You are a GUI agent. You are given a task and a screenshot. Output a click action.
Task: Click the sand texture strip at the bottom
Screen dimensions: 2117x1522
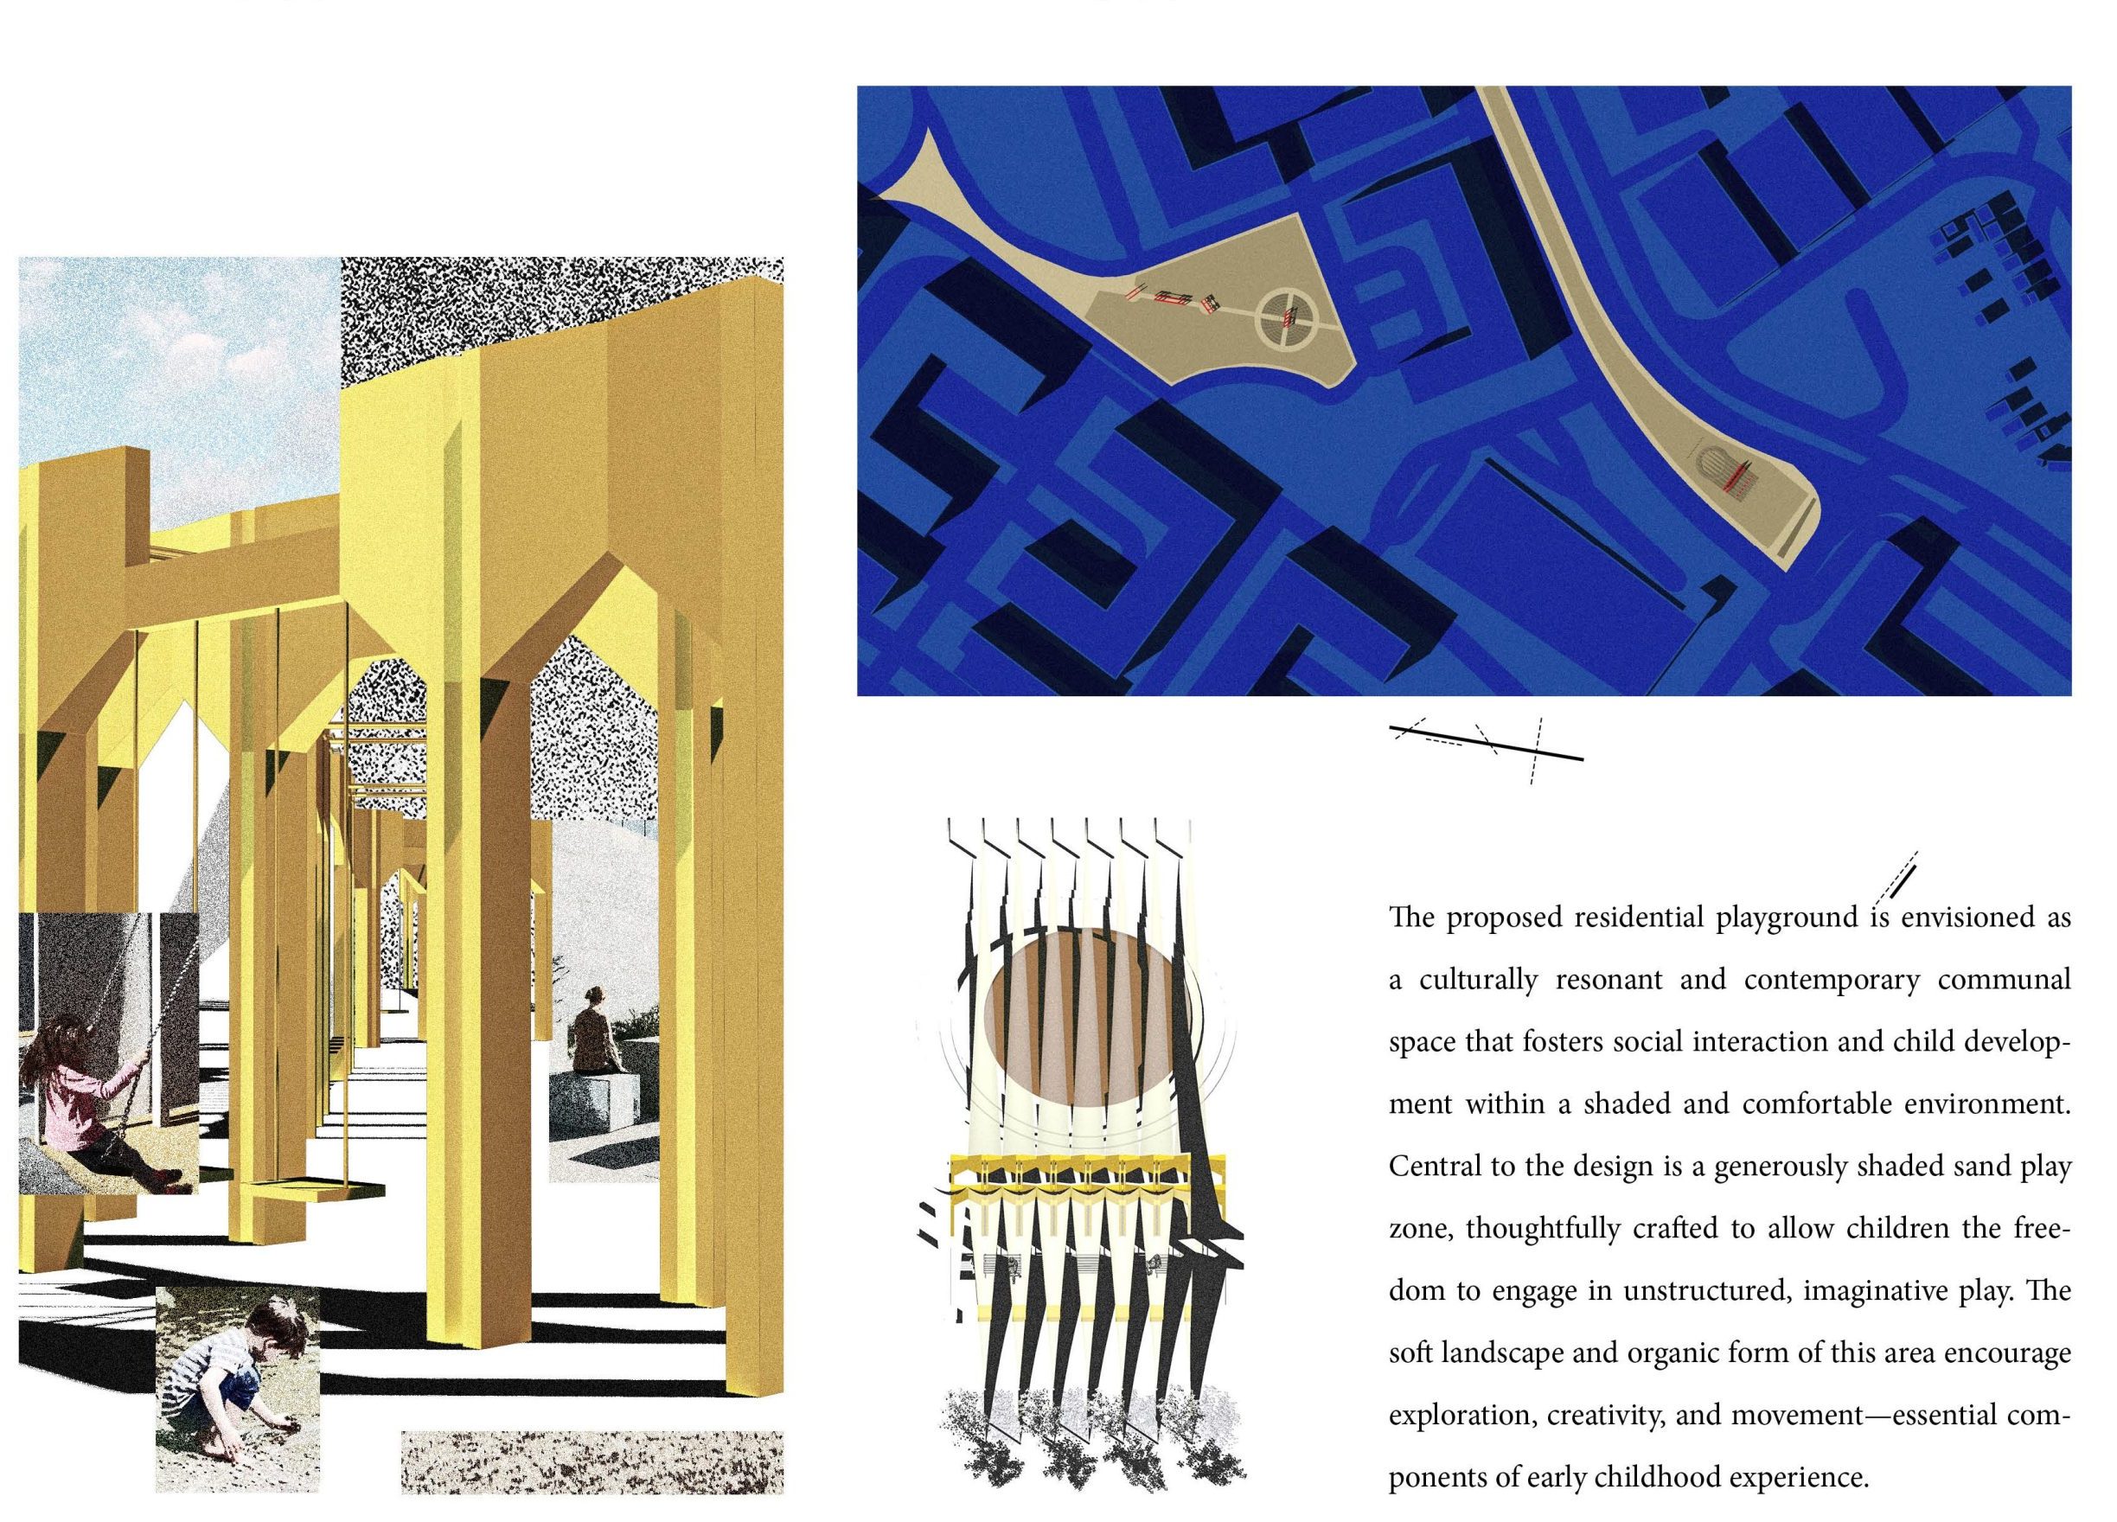click(592, 1461)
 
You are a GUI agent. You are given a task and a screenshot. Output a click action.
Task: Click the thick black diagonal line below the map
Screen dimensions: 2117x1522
click(1486, 743)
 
